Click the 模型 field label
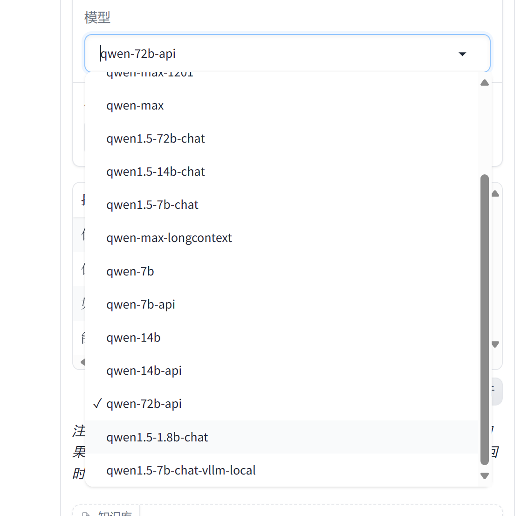[97, 18]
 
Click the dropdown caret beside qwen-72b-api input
[462, 54]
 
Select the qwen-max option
[135, 106]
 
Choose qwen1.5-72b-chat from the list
[156, 139]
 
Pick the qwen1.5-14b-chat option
[156, 172]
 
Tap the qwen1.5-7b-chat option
[152, 205]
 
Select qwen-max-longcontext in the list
[169, 238]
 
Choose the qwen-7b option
[130, 271]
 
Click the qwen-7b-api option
[141, 304]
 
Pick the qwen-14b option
[133, 337]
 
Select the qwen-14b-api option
[144, 371]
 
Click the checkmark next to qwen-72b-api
[97, 404]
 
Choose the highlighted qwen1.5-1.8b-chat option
[157, 437]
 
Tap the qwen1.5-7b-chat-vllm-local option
[181, 470]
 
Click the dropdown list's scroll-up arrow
[485, 83]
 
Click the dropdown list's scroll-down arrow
[485, 476]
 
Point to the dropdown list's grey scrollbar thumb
[485, 319]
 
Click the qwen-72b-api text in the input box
[138, 54]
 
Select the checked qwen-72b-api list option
[144, 404]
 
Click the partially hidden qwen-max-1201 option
[150, 75]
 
